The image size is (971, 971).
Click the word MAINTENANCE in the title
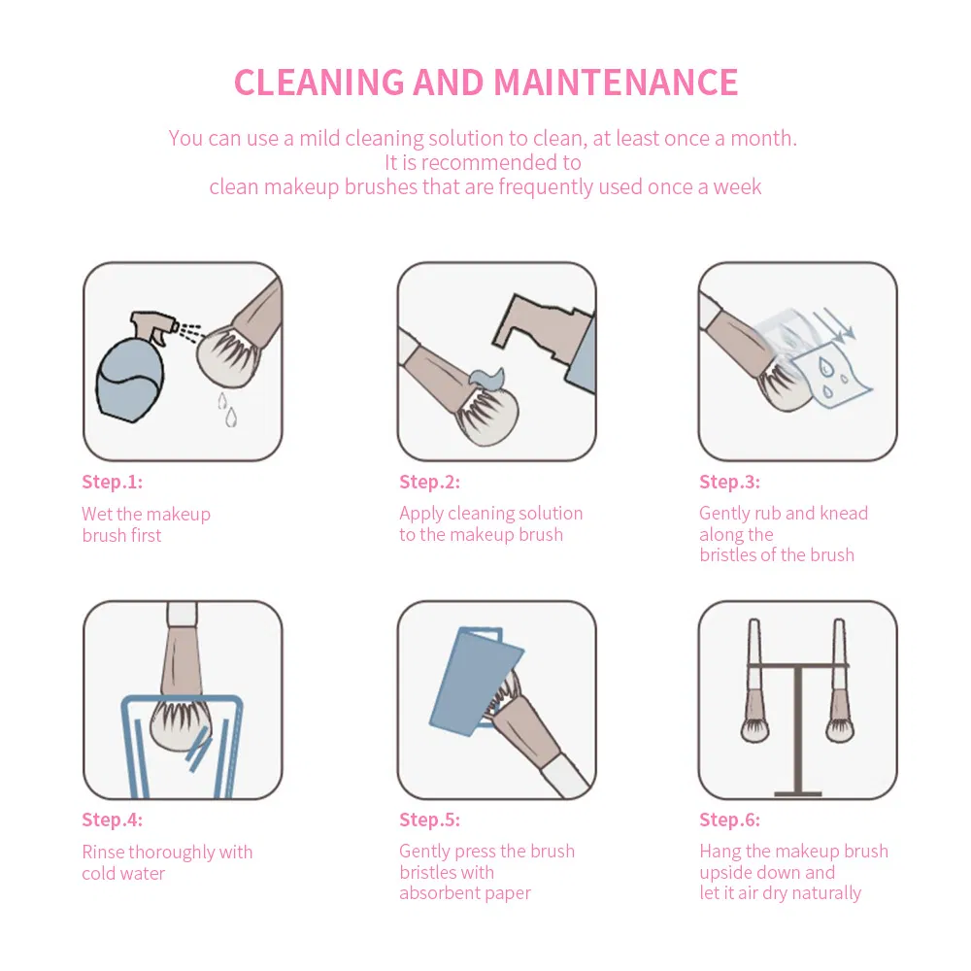[x=616, y=83]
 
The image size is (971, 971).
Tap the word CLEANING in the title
[x=318, y=83]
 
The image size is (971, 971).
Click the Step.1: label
[x=112, y=482]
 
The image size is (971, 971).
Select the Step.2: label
[x=430, y=482]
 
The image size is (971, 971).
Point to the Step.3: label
[x=729, y=482]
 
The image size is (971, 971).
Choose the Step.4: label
[x=112, y=820]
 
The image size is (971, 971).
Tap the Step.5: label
[x=430, y=820]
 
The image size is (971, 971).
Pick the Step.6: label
[x=729, y=820]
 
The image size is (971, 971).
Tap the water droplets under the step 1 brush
[x=227, y=410]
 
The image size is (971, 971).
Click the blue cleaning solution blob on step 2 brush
[x=487, y=380]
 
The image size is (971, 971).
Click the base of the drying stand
[x=798, y=792]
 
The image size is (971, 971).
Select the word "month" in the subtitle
[x=761, y=138]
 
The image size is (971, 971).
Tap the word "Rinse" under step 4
[x=103, y=853]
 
